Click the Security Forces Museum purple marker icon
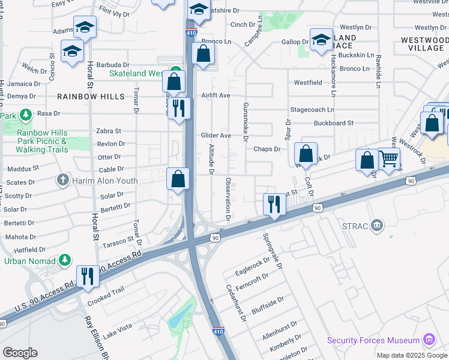point(429,340)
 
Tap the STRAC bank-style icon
point(377,226)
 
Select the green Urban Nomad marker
point(65,260)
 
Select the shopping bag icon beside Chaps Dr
point(306,154)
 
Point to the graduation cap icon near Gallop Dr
point(322,39)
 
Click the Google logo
point(20,353)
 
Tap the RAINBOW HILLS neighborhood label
point(91,97)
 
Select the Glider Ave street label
point(215,136)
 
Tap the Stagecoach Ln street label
point(312,110)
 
